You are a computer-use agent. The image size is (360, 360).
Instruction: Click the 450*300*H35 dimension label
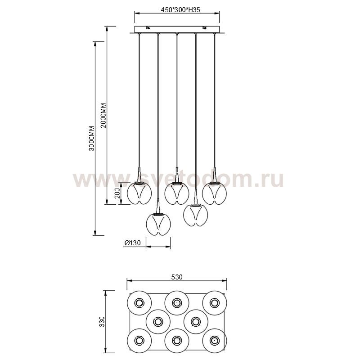point(177,10)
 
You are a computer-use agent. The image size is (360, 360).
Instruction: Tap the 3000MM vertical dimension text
point(92,138)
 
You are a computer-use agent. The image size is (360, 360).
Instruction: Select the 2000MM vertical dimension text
point(103,116)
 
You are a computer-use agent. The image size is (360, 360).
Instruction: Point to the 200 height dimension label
point(117,193)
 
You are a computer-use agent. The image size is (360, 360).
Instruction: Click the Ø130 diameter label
point(132,243)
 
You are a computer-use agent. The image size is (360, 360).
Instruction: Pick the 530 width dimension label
point(177,277)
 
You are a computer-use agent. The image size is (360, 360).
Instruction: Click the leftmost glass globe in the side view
point(139,193)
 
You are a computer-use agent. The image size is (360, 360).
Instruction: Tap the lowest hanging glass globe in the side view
point(158,224)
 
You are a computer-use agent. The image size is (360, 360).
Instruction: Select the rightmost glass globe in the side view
point(215,193)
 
